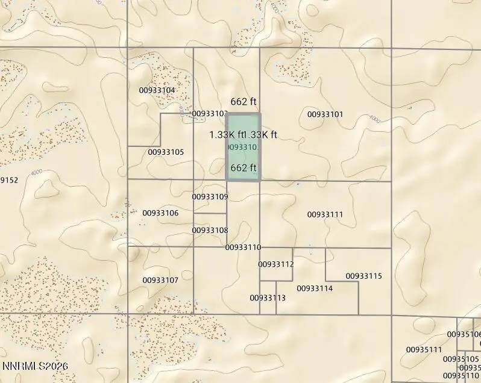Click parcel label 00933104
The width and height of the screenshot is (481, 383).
[157, 90]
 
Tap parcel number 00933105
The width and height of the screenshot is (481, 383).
[166, 152]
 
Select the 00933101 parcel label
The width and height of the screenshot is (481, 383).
[325, 114]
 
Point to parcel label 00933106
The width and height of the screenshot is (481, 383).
[160, 213]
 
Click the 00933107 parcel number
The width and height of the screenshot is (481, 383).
[160, 280]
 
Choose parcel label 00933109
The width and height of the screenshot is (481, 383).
[210, 197]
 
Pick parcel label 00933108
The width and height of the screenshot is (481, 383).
[210, 230]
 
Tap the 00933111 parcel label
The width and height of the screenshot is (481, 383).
[325, 214]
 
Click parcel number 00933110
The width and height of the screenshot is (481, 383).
[243, 248]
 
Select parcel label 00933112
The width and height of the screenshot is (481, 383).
[276, 264]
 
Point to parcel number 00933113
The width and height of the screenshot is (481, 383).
[268, 298]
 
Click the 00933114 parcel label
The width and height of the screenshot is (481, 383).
[315, 288]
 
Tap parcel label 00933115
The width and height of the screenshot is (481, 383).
[363, 276]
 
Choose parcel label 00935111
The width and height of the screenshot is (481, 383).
[424, 349]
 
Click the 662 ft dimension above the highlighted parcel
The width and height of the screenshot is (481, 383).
[244, 102]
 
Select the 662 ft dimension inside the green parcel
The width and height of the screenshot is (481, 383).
[244, 167]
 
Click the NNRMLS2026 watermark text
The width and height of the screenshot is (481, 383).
[35, 366]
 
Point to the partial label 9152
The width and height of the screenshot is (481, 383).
[9, 180]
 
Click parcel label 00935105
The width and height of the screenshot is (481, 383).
[461, 359]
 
